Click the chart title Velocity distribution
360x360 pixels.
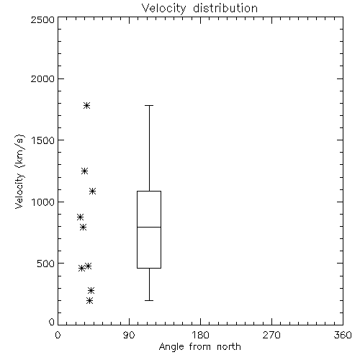point(199,9)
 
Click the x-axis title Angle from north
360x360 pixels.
point(200,347)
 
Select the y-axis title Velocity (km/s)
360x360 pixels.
point(19,171)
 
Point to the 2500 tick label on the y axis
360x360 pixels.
point(42,19)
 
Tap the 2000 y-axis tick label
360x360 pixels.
point(42,78)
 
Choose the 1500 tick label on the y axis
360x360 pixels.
point(43,140)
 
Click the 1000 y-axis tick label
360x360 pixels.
point(43,202)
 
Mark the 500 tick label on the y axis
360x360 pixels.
point(46,264)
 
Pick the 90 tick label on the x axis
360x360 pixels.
point(129,335)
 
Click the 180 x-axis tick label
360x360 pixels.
point(200,335)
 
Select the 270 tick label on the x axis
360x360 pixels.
point(271,335)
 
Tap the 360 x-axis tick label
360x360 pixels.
point(343,335)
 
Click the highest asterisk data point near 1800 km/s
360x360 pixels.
point(87,105)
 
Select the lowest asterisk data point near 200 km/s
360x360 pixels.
point(89,300)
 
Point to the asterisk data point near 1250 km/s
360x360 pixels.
point(84,171)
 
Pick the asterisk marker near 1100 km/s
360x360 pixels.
point(93,192)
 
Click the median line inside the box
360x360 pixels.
point(149,227)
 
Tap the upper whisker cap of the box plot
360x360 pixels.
point(149,105)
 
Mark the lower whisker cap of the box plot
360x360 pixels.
point(149,300)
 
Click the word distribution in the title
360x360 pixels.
point(225,9)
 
